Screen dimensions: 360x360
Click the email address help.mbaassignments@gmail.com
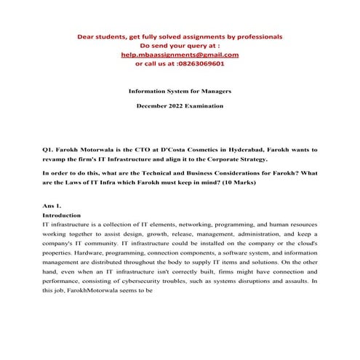[180, 55]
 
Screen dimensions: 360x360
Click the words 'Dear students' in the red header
[99, 36]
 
